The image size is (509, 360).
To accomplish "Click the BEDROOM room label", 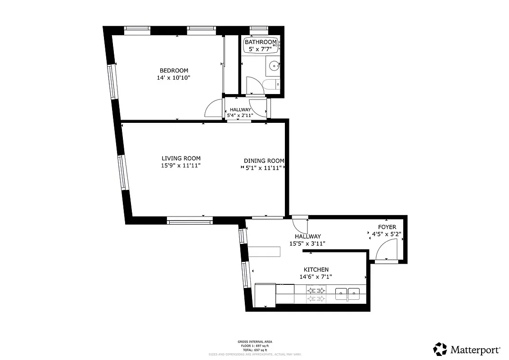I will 174,71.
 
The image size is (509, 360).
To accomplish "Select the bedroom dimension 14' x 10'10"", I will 174,78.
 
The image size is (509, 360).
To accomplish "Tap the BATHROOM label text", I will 261,42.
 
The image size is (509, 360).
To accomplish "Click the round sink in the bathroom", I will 274,67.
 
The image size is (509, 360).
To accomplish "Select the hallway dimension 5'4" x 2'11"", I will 240,115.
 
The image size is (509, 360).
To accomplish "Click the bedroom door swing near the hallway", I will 213,108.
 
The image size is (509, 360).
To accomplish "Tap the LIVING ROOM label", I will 181,158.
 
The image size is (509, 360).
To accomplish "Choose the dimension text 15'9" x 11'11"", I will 181,166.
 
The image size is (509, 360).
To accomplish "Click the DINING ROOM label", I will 264,161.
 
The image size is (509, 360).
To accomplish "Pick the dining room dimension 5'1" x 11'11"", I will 264,168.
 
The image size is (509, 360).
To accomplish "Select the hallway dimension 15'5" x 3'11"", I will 307,243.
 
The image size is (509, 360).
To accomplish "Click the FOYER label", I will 387,227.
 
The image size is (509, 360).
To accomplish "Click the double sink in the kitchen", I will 347,294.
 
